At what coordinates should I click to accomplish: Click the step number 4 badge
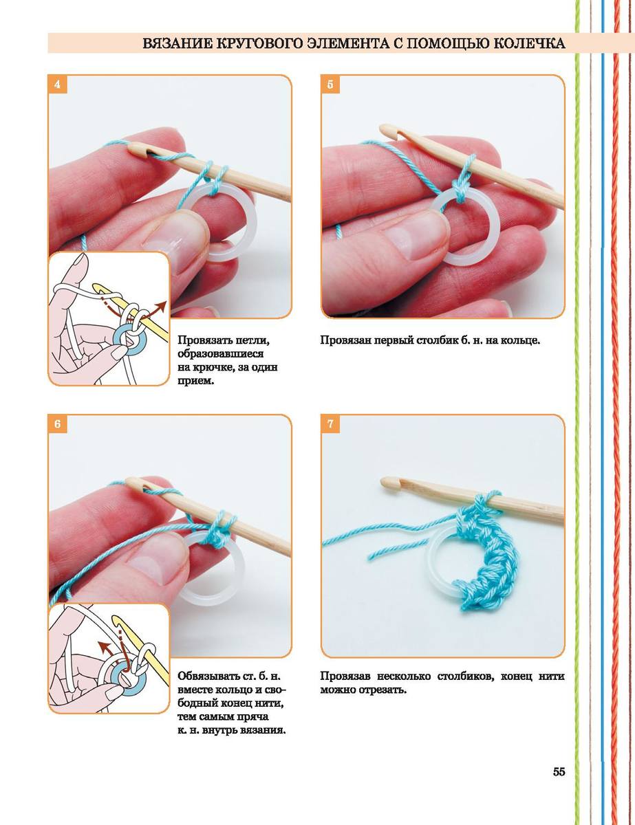tap(57, 85)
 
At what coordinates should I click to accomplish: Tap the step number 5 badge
tap(330, 85)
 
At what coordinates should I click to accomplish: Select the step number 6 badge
tap(57, 423)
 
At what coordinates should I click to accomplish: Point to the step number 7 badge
tap(330, 423)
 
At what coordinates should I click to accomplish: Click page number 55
tap(559, 772)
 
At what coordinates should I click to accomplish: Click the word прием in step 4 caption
tap(195, 381)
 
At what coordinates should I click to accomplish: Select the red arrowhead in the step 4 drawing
tap(162, 306)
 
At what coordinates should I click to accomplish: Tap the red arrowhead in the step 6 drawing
tap(102, 643)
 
